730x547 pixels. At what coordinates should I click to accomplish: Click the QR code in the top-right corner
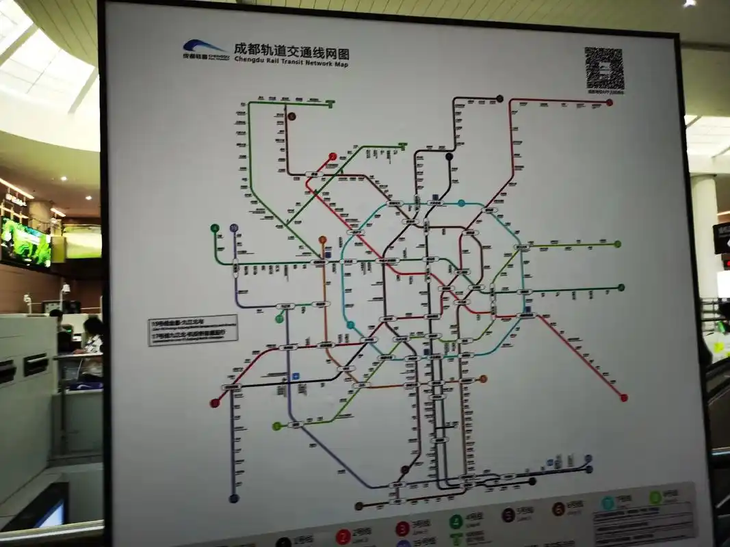click(x=604, y=69)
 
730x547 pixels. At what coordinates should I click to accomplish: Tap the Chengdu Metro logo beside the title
click(x=203, y=49)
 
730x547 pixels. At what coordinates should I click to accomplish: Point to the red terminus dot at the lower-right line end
click(x=623, y=397)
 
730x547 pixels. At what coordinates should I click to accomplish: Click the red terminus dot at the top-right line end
click(x=609, y=103)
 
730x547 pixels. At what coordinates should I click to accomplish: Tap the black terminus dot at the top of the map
click(x=499, y=98)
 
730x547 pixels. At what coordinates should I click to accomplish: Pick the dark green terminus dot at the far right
click(x=621, y=287)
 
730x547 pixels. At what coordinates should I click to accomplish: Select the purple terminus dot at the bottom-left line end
click(x=233, y=498)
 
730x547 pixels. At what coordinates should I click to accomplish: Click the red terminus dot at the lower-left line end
click(x=213, y=403)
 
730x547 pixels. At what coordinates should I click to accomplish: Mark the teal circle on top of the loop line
click(x=462, y=203)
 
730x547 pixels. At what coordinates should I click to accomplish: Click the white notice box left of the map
click(x=193, y=329)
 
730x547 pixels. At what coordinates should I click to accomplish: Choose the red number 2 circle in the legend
click(x=343, y=537)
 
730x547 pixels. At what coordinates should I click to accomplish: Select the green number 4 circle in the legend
click(x=456, y=522)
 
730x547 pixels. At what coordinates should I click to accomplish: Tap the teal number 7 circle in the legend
click(x=607, y=503)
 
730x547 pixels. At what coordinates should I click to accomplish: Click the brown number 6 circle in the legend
click(x=558, y=509)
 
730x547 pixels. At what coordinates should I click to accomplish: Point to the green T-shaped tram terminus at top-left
click(x=331, y=104)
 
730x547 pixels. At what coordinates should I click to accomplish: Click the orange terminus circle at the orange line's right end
click(x=483, y=378)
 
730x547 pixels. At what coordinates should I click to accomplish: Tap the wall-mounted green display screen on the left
click(x=25, y=243)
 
